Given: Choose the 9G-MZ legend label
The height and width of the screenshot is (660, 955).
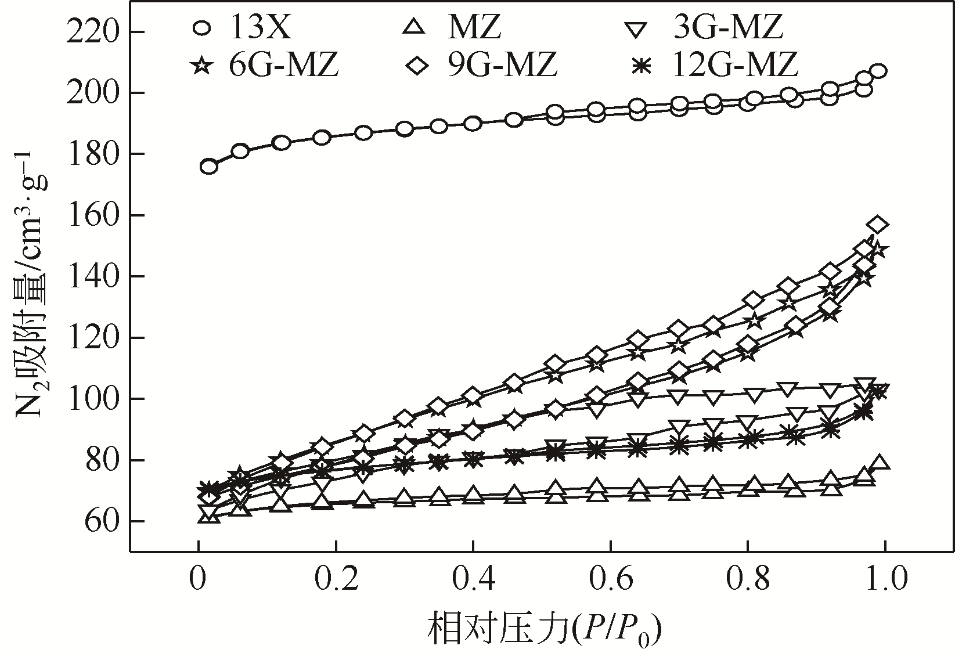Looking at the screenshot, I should [x=502, y=64].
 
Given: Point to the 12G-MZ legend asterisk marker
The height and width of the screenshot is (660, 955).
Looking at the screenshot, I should [x=641, y=65].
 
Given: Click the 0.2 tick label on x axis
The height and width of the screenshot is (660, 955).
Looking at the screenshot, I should [x=336, y=580].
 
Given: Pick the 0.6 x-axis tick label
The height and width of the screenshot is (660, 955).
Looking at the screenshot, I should [x=610, y=580].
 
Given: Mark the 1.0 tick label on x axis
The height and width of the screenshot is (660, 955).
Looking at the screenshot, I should [x=884, y=580].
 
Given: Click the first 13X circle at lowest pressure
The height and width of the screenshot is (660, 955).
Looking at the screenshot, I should [x=209, y=167].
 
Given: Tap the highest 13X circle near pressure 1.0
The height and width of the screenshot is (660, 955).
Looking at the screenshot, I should [x=878, y=71].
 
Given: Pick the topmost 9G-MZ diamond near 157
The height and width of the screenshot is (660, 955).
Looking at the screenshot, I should [x=878, y=225].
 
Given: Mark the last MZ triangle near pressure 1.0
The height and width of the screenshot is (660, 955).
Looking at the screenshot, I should [x=879, y=463].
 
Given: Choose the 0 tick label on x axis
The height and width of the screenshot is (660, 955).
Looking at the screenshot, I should [x=199, y=580].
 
